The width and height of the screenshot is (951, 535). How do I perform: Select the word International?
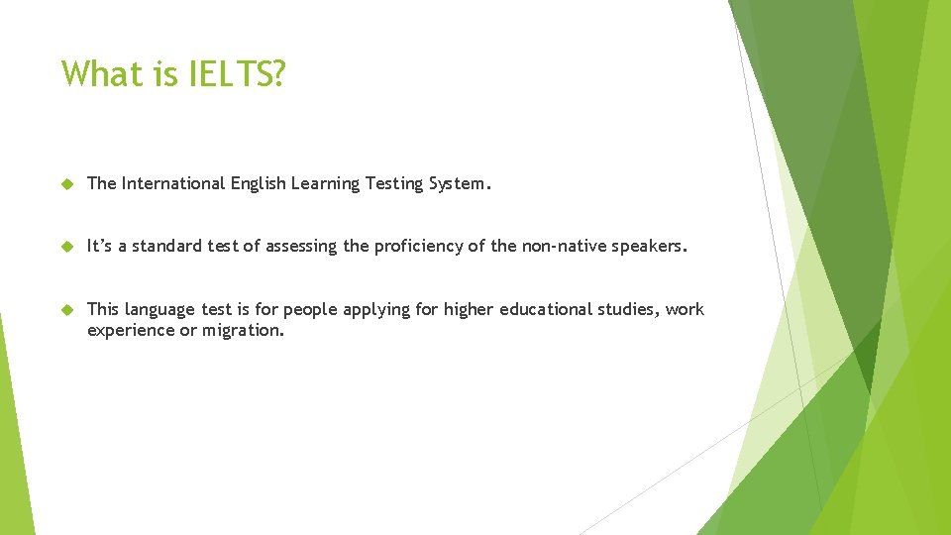coord(173,183)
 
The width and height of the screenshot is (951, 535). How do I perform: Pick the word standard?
coord(172,246)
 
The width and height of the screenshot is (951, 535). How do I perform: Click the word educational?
coord(547,309)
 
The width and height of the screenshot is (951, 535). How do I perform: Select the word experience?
coord(130,330)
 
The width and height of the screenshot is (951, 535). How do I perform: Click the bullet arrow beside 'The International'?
coord(67,184)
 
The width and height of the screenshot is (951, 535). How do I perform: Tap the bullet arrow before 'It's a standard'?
coord(67,247)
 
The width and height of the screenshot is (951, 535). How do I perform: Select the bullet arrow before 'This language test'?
coord(67,310)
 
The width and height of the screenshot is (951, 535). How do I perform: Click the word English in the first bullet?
coord(259,183)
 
